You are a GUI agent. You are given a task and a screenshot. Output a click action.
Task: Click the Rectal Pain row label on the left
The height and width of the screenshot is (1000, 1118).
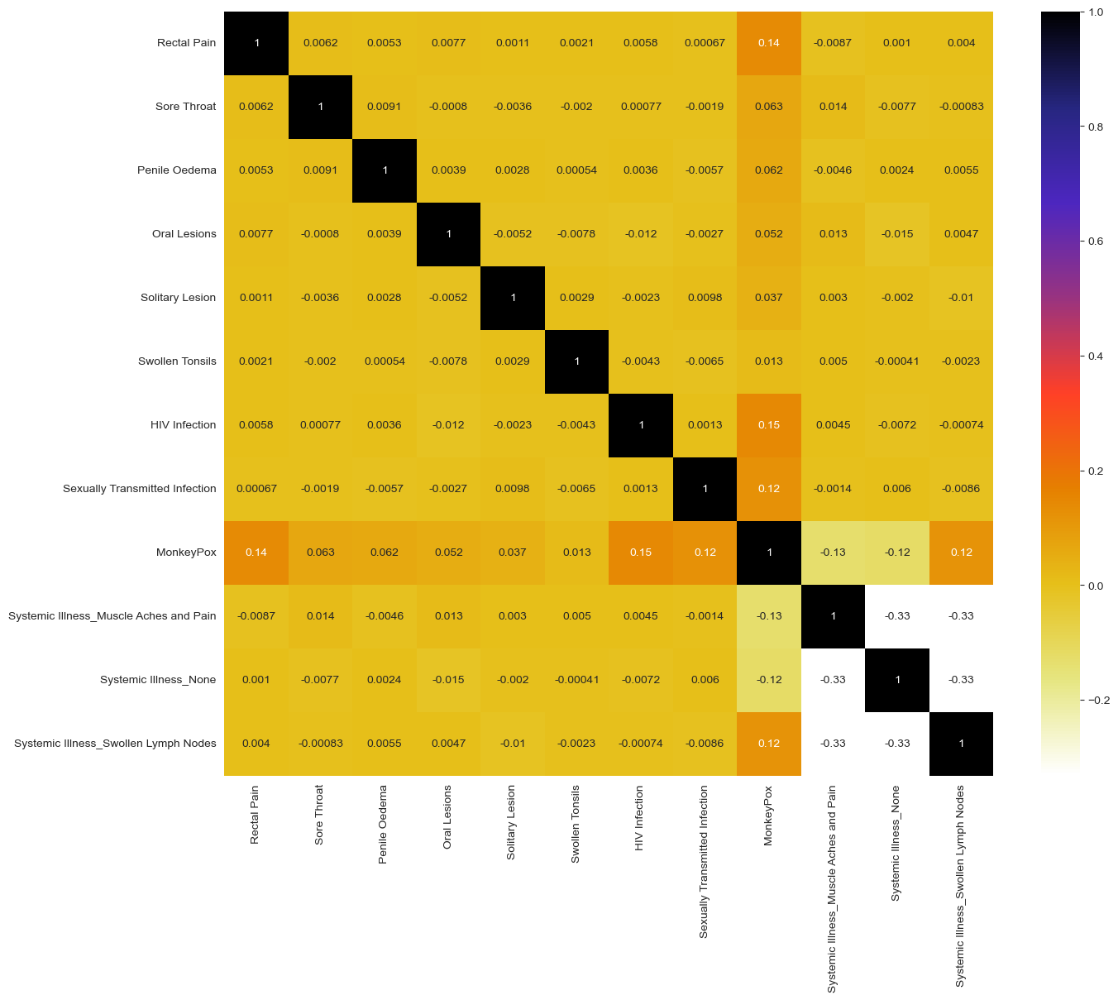pos(186,43)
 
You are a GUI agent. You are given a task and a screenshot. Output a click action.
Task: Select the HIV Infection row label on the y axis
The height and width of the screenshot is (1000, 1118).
pos(183,425)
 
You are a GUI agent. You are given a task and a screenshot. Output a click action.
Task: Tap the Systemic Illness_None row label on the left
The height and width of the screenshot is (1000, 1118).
pos(158,680)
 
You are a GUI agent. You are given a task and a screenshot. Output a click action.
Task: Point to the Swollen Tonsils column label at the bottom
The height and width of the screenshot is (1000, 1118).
pos(576,824)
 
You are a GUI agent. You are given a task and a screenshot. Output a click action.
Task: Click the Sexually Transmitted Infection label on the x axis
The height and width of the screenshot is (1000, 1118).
pos(704,861)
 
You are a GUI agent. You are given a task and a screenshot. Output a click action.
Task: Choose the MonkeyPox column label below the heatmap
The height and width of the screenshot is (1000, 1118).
pos(768,816)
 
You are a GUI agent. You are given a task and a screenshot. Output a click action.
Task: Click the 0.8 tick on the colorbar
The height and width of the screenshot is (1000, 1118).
pos(1096,127)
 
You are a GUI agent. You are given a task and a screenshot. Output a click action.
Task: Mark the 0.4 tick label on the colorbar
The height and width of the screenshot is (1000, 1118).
pos(1096,356)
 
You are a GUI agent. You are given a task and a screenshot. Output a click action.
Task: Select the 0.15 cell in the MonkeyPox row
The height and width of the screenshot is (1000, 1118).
pos(641,553)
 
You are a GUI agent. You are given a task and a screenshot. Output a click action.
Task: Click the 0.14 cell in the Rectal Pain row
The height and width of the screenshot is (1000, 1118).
pos(769,43)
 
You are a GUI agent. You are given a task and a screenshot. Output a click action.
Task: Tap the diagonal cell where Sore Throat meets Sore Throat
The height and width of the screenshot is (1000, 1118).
pos(321,107)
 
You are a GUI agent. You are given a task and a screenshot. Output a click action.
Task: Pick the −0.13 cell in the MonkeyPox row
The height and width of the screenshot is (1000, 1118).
pos(833,553)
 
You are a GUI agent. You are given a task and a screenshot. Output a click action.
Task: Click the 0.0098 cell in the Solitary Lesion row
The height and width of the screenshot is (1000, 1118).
pos(705,298)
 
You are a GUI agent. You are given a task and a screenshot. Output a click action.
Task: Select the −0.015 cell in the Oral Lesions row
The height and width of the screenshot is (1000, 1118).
pos(897,234)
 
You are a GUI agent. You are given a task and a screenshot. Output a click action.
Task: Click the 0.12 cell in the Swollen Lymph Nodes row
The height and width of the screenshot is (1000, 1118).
pos(769,744)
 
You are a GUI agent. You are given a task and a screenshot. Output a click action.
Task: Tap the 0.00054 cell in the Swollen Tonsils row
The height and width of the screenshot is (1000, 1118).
pos(385,361)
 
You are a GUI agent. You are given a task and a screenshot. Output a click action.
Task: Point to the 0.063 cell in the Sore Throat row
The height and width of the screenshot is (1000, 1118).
pos(769,107)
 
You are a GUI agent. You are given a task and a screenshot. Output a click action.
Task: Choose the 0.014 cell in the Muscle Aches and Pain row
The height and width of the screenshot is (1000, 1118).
pos(321,616)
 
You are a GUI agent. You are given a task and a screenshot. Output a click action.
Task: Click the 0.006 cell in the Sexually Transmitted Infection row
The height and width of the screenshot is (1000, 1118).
pos(897,489)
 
